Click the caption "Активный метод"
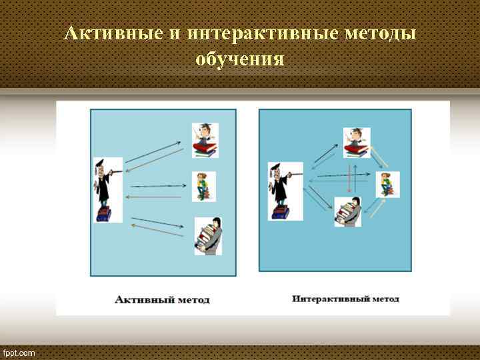tap(162, 299)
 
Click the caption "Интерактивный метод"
tap(345, 299)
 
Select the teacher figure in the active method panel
tap(105, 190)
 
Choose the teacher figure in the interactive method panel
tap(279, 190)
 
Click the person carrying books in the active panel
tap(207, 236)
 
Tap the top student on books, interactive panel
tap(356, 142)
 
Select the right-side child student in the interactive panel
tap(387, 184)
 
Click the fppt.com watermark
tap(19, 353)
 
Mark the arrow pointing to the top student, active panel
tap(153, 151)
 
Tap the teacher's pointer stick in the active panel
tap(116, 172)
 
